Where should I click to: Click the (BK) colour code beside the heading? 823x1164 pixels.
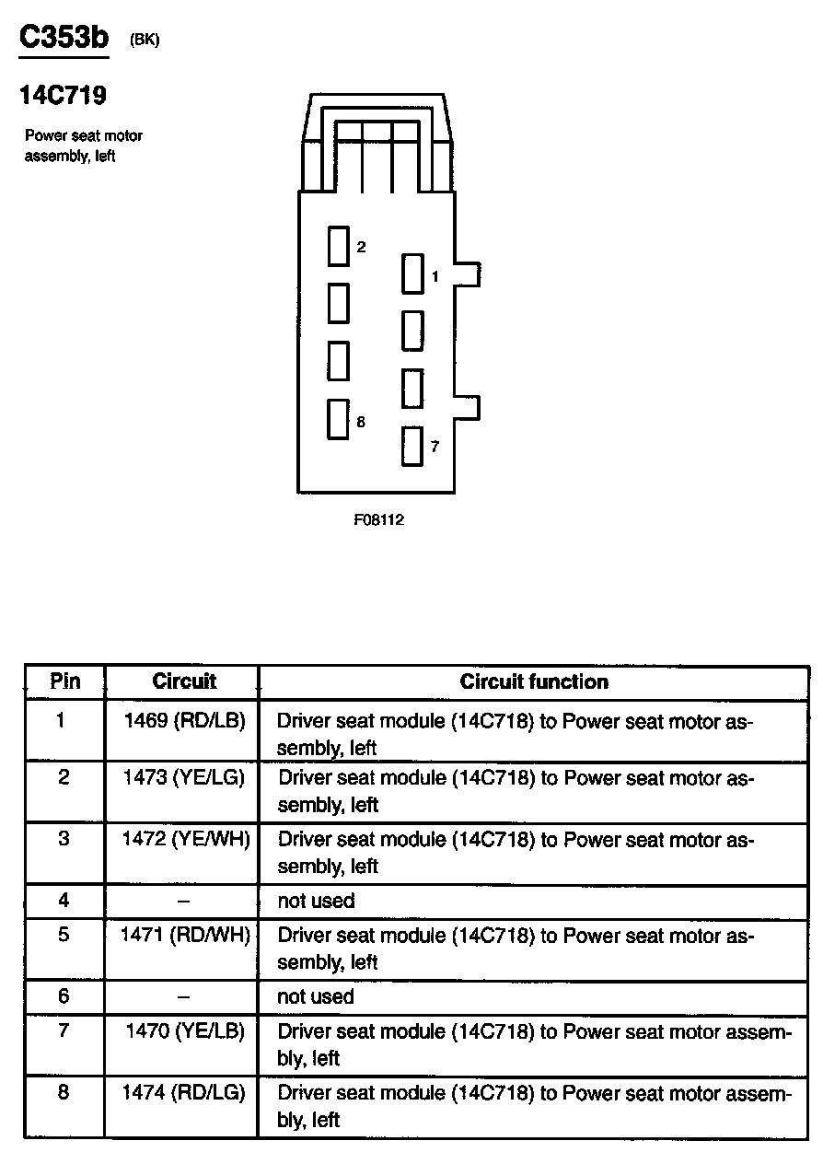[145, 41]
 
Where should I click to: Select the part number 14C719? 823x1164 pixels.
[63, 95]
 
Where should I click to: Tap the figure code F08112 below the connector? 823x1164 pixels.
[378, 519]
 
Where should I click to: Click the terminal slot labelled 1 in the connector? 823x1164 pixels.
[412, 274]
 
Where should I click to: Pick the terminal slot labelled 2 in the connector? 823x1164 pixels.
[339, 246]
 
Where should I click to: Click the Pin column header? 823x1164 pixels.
[64, 681]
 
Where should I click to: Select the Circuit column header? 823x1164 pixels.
[184, 681]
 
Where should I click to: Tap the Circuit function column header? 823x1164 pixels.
[534, 682]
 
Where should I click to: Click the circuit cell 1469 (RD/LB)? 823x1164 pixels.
[184, 720]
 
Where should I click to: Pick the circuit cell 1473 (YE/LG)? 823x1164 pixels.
[184, 778]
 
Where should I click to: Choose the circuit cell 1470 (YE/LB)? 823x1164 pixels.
[186, 1031]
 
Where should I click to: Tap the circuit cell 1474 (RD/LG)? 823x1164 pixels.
[184, 1093]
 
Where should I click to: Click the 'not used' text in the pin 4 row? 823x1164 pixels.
[316, 901]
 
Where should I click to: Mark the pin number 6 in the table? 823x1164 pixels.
[64, 996]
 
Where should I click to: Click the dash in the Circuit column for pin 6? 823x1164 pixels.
[184, 996]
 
